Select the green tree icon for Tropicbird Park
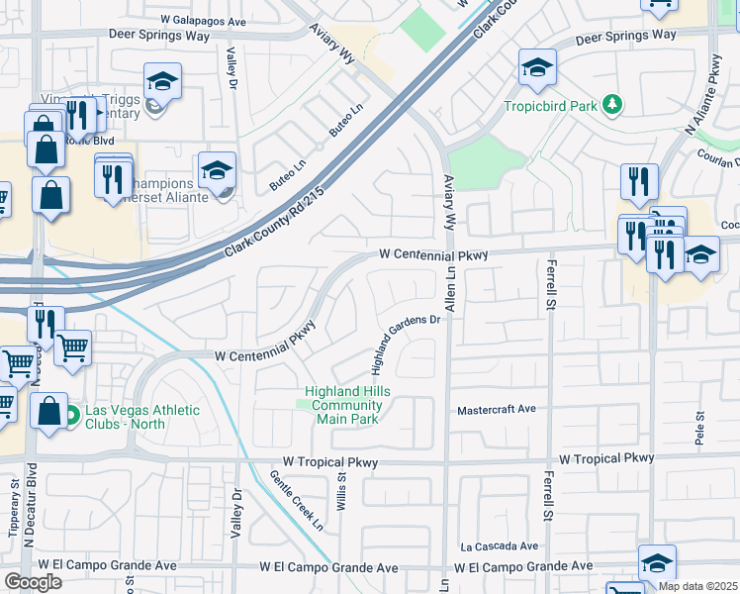tap(613, 104)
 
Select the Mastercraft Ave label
tap(496, 409)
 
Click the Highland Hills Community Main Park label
tap(346, 405)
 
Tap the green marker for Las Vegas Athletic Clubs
tap(70, 417)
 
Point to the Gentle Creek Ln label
tap(297, 501)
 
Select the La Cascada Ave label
tap(499, 545)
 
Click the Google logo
tap(33, 582)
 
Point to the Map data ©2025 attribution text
tap(697, 586)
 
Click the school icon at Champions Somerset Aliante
tap(217, 169)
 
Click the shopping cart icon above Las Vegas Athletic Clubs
tap(72, 347)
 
